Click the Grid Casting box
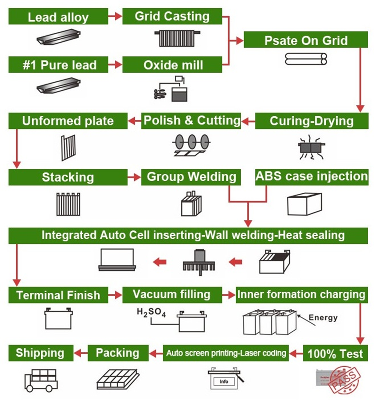pyautogui.click(x=172, y=17)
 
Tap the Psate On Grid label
pyautogui.click(x=305, y=40)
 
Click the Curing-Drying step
pyautogui.click(x=311, y=121)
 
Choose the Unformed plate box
pyautogui.click(x=68, y=121)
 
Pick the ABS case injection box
pyautogui.click(x=311, y=177)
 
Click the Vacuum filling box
pyautogui.click(x=172, y=294)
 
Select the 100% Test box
pyautogui.click(x=335, y=353)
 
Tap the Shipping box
pyautogui.click(x=40, y=353)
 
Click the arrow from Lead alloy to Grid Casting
pyautogui.click(x=115, y=17)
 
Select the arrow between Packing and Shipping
pyautogui.click(x=81, y=353)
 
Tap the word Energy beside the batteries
pyautogui.click(x=323, y=317)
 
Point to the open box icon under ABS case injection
pyautogui.click(x=304, y=204)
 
